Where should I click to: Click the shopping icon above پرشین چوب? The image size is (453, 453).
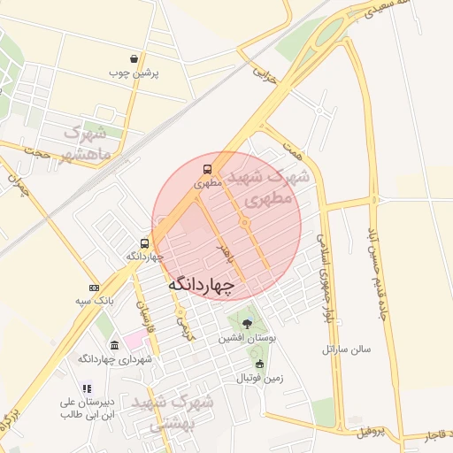[133, 58]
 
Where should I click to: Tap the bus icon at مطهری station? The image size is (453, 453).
[207, 169]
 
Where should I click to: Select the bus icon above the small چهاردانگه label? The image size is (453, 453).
[144, 242]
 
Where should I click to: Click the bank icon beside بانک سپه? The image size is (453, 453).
[94, 288]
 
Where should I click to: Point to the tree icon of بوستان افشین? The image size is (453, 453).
[247, 323]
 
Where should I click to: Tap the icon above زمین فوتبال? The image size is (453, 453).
[259, 364]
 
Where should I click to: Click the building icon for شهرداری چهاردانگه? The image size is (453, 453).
[112, 345]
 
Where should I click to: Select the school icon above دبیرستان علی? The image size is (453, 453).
[87, 388]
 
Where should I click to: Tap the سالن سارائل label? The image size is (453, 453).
[347, 349]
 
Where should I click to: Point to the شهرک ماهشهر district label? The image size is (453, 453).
[85, 143]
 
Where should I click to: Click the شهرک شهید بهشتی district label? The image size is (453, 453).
[173, 412]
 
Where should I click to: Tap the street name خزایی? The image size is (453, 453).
[265, 73]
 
